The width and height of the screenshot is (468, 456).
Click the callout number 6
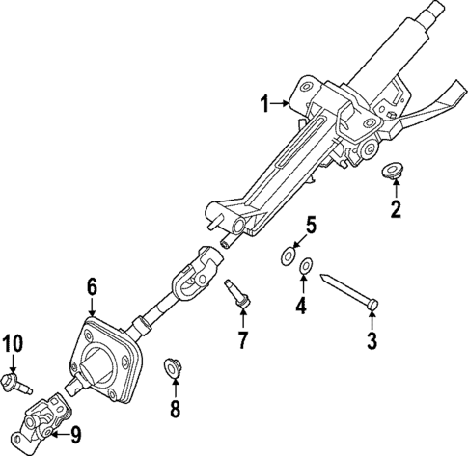tap(92, 285)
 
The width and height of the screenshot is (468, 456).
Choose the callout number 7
tap(242, 339)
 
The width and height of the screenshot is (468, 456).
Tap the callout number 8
tap(175, 409)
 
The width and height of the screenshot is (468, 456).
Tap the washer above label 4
tap(305, 266)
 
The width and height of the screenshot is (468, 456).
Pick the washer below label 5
tap(286, 257)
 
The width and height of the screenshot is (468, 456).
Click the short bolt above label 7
tap(240, 293)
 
